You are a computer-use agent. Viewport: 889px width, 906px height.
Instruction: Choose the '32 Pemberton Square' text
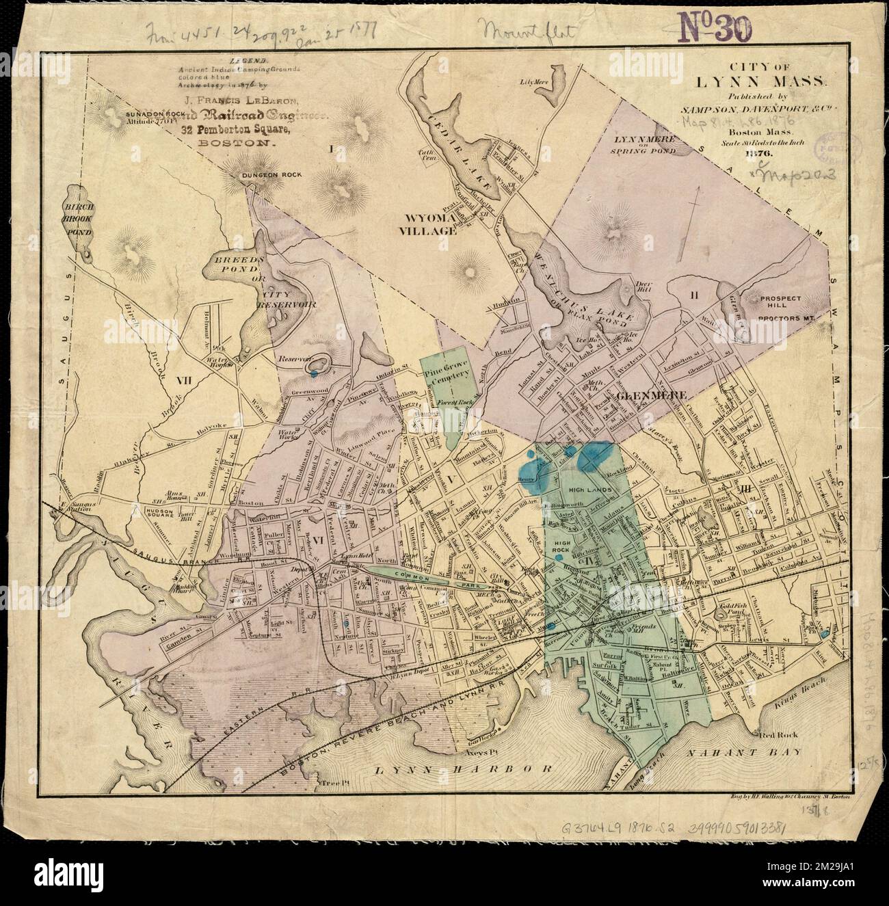tap(244, 129)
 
